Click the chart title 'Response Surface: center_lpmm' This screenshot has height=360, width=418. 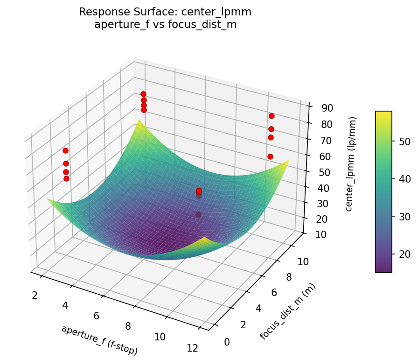pyautogui.click(x=165, y=12)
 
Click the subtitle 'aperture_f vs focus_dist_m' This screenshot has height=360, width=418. pyautogui.click(x=165, y=25)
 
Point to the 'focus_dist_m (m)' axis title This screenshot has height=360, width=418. pyautogui.click(x=288, y=311)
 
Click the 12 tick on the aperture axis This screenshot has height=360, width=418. pyautogui.click(x=192, y=348)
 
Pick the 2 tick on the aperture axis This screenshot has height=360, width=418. pyautogui.click(x=35, y=295)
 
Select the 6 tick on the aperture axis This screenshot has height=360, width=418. pyautogui.click(x=96, y=316)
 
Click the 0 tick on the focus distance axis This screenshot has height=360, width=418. pyautogui.click(x=227, y=342)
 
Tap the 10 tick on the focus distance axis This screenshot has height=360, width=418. pyautogui.click(x=303, y=262)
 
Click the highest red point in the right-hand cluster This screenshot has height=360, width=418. pyautogui.click(x=272, y=116)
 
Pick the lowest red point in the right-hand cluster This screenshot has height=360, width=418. pyautogui.click(x=270, y=156)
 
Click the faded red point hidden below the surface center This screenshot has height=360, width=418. pyautogui.click(x=199, y=214)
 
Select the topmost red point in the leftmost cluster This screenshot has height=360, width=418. pyautogui.click(x=65, y=150)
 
